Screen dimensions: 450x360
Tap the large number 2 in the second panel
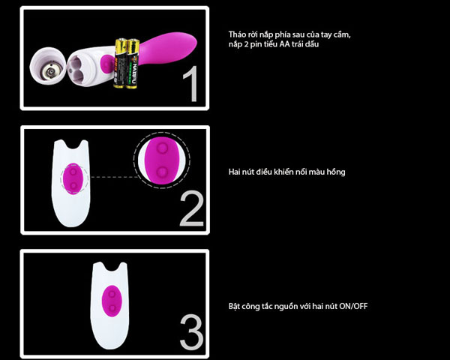pyautogui.click(x=192, y=208)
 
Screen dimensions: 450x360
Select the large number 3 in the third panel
pyautogui.click(x=192, y=332)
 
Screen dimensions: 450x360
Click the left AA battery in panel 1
pyautogui.click(x=120, y=63)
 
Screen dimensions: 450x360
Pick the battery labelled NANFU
pyautogui.click(x=132, y=64)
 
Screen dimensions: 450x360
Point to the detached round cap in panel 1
pyautogui.click(x=48, y=66)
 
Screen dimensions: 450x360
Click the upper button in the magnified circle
pyautogui.click(x=162, y=148)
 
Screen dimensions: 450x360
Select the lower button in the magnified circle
pyautogui.click(x=162, y=172)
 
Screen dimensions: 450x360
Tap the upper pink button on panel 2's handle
pyautogui.click(x=73, y=172)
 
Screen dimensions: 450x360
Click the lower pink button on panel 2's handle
pyautogui.click(x=73, y=185)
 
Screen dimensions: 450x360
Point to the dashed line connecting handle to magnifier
pyautogui.click(x=115, y=177)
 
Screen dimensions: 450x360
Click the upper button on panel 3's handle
pyautogui.click(x=112, y=294)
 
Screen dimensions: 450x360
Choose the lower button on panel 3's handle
pyautogui.click(x=112, y=308)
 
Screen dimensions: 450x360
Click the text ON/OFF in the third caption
pyautogui.click(x=353, y=306)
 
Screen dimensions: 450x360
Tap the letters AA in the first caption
pyautogui.click(x=284, y=44)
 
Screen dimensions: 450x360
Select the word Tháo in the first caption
pyautogui.click(x=237, y=34)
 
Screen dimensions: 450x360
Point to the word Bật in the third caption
pyautogui.click(x=234, y=306)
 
